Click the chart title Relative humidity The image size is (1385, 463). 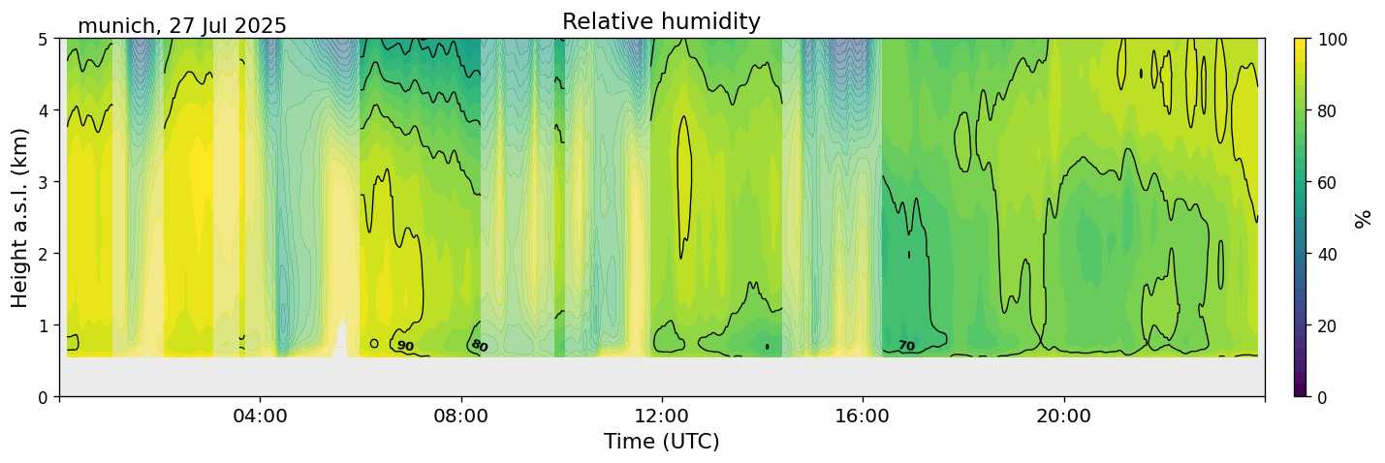tap(661, 22)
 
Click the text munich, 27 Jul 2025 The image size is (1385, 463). tap(182, 26)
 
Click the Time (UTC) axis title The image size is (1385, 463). tap(661, 442)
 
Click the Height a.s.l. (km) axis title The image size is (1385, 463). tap(20, 217)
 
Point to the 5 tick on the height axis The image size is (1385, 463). tap(43, 40)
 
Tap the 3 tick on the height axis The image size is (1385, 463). tap(43, 182)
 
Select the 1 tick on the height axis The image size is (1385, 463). tap(43, 325)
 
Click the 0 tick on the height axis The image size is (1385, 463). tap(43, 397)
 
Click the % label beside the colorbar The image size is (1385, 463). tap(1364, 218)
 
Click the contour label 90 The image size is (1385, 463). tap(405, 346)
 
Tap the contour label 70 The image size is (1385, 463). tap(906, 346)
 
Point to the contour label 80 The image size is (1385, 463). tap(479, 346)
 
